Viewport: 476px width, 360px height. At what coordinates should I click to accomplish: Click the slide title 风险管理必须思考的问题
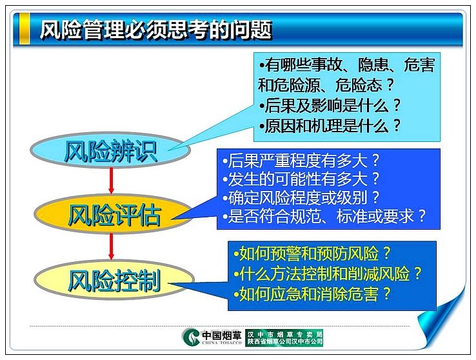[155, 30]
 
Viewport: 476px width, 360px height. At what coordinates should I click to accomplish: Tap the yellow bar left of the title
[25, 29]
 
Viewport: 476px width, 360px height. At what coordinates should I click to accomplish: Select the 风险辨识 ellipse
[110, 150]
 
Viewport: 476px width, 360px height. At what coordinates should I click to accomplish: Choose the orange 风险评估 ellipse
[113, 214]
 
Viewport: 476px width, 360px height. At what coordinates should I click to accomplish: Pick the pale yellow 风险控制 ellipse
[114, 280]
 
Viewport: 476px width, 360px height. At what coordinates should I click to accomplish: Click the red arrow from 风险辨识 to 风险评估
[111, 181]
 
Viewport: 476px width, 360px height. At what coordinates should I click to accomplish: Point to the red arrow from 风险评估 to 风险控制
[111, 246]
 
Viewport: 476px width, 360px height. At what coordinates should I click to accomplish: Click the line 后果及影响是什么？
[330, 105]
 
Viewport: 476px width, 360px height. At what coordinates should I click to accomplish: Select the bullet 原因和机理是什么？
[330, 125]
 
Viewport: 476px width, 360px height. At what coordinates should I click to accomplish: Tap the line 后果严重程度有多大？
[301, 160]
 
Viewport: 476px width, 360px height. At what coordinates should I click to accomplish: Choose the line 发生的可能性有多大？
[301, 179]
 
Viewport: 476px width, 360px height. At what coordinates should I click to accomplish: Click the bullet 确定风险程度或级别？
[301, 197]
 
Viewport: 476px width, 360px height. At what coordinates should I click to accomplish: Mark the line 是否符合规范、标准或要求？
[324, 216]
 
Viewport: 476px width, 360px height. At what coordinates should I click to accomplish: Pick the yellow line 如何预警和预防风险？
[312, 254]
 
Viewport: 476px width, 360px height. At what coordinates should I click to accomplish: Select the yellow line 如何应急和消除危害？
[312, 294]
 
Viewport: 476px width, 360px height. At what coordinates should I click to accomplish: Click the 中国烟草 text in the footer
[222, 335]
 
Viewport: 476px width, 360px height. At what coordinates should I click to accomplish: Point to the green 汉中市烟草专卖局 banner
[284, 337]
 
